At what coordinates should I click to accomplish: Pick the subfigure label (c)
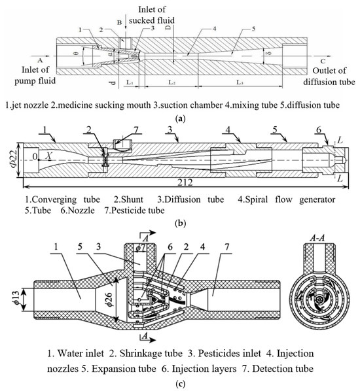(x=179, y=382)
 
